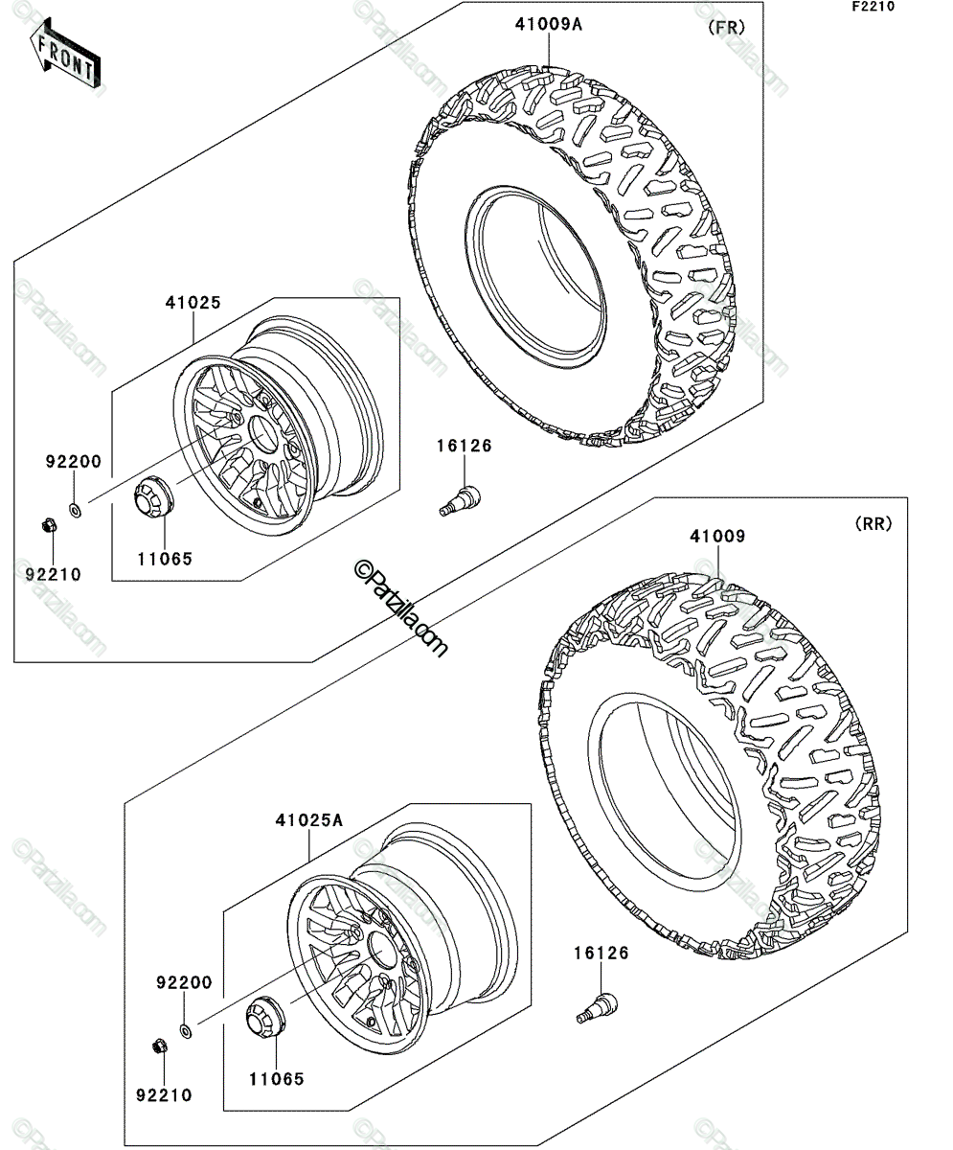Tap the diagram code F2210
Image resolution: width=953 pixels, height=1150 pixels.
click(874, 7)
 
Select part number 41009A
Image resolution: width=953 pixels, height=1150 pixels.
click(549, 25)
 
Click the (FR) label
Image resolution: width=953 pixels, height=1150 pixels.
click(726, 28)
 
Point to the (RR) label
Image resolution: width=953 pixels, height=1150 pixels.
click(874, 524)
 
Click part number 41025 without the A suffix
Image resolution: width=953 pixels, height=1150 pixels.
click(193, 303)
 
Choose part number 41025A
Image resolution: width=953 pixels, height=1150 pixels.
click(308, 820)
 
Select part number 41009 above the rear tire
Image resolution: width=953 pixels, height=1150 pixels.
click(717, 536)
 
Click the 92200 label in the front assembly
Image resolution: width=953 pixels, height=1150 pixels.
click(74, 462)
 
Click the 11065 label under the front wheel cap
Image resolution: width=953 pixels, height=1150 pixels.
click(165, 559)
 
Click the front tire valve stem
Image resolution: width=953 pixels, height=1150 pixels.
click(461, 500)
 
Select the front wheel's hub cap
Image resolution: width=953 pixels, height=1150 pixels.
click(153, 496)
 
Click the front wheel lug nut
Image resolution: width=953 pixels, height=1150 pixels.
click(49, 525)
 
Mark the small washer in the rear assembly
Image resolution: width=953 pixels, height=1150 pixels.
click(186, 1030)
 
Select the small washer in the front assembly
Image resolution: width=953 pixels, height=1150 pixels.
click(75, 509)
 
